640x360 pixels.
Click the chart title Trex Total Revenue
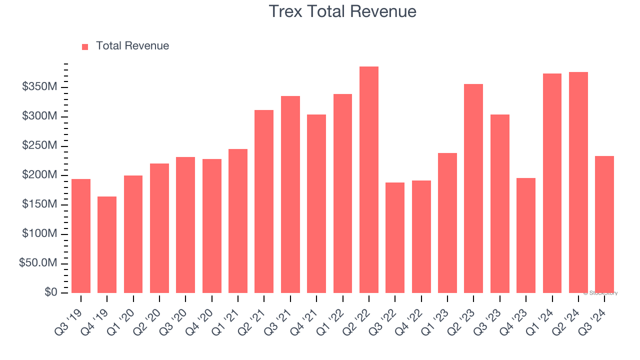click(342, 11)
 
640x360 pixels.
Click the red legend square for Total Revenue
click(85, 46)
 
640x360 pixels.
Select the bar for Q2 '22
click(369, 179)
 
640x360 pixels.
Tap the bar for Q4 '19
click(107, 244)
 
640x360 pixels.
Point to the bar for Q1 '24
click(552, 183)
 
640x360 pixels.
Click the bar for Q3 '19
click(81, 235)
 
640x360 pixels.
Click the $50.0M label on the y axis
click(38, 263)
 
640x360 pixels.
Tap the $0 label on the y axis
click(50, 292)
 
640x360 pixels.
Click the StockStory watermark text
click(600, 293)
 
